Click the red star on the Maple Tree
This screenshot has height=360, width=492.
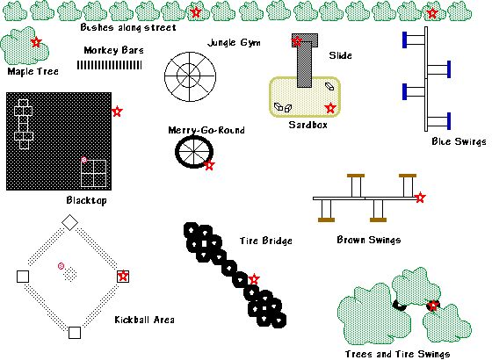coord(36,42)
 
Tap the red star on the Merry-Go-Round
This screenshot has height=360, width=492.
coord(209,165)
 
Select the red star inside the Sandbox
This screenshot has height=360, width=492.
coord(330,108)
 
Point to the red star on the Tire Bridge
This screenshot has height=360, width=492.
coord(254,279)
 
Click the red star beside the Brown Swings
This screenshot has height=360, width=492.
coord(420,198)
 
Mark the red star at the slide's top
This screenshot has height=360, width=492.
coord(297,40)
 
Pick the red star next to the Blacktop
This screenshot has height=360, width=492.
coord(117,111)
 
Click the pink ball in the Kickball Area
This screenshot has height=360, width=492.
coord(61,266)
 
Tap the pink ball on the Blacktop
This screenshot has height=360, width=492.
coord(83,160)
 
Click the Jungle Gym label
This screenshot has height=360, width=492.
coord(234,43)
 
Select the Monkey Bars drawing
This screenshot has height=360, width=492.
coord(109,65)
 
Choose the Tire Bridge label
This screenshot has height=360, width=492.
coord(266,241)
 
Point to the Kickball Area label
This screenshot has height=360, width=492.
coord(144,320)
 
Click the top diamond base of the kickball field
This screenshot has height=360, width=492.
coord(69,222)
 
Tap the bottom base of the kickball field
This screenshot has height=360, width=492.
coord(75,333)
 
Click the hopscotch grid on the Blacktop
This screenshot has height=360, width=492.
coord(24,124)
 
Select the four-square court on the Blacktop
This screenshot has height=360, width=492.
coord(93,173)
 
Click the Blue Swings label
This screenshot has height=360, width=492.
coord(459,141)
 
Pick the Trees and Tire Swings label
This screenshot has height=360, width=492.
coord(397,354)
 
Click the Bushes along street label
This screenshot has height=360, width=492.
coord(128,27)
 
